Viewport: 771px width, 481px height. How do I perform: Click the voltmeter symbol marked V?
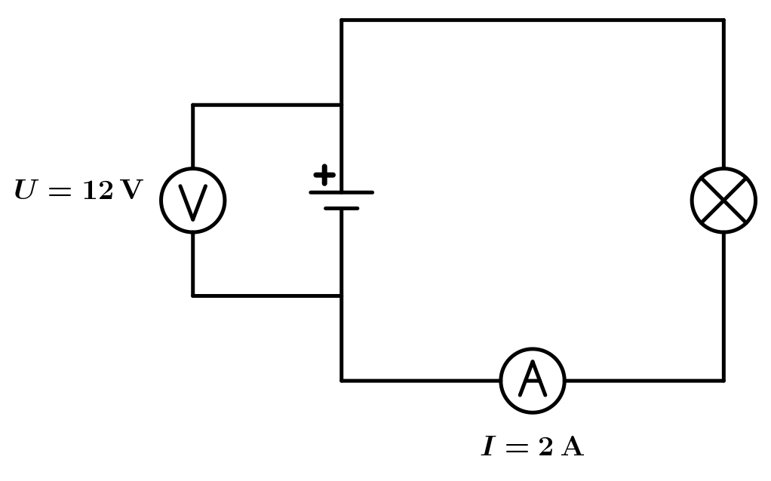pyautogui.click(x=193, y=201)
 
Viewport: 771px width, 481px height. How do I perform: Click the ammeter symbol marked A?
pyautogui.click(x=533, y=381)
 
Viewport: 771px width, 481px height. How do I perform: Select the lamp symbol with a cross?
pyautogui.click(x=723, y=201)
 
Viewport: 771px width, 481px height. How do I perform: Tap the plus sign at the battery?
pyautogui.click(x=324, y=175)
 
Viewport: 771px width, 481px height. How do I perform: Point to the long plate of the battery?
pyautogui.click(x=341, y=192)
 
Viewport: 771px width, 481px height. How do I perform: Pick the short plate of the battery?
pyautogui.click(x=341, y=207)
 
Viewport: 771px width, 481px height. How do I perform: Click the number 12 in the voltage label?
pyautogui.click(x=97, y=191)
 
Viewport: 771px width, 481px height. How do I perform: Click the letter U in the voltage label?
pyautogui.click(x=25, y=191)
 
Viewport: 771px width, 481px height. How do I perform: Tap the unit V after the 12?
pyautogui.click(x=131, y=191)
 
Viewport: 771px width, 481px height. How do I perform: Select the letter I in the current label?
pyautogui.click(x=489, y=447)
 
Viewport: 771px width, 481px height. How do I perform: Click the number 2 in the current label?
pyautogui.click(x=545, y=447)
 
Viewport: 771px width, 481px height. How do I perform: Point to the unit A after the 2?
pyautogui.click(x=573, y=447)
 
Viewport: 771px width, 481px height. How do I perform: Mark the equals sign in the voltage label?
pyautogui.click(x=59, y=191)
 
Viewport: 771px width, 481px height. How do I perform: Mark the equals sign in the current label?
pyautogui.click(x=517, y=448)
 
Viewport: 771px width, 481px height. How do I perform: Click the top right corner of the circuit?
pyautogui.click(x=723, y=20)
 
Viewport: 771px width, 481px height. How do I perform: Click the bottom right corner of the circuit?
pyautogui.click(x=723, y=381)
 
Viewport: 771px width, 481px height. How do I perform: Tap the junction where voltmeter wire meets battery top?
pyautogui.click(x=341, y=105)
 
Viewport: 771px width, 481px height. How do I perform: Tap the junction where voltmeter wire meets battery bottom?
pyautogui.click(x=341, y=296)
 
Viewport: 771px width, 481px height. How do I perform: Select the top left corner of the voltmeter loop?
pyautogui.click(x=193, y=105)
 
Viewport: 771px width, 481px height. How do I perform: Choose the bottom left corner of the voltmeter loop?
pyautogui.click(x=193, y=296)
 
